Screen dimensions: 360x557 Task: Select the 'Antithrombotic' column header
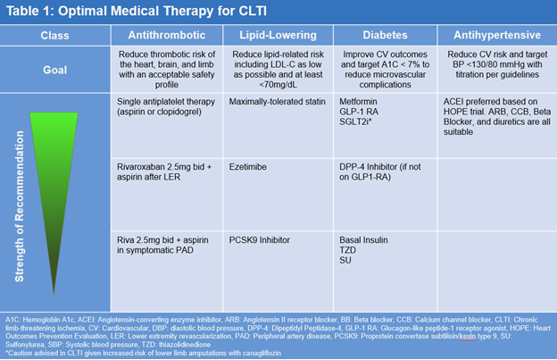166,36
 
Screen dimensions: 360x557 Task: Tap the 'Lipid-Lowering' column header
278,36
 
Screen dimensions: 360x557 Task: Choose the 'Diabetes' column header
383,36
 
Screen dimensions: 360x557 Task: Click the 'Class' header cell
55,36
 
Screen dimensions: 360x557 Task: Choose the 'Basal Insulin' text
367,239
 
